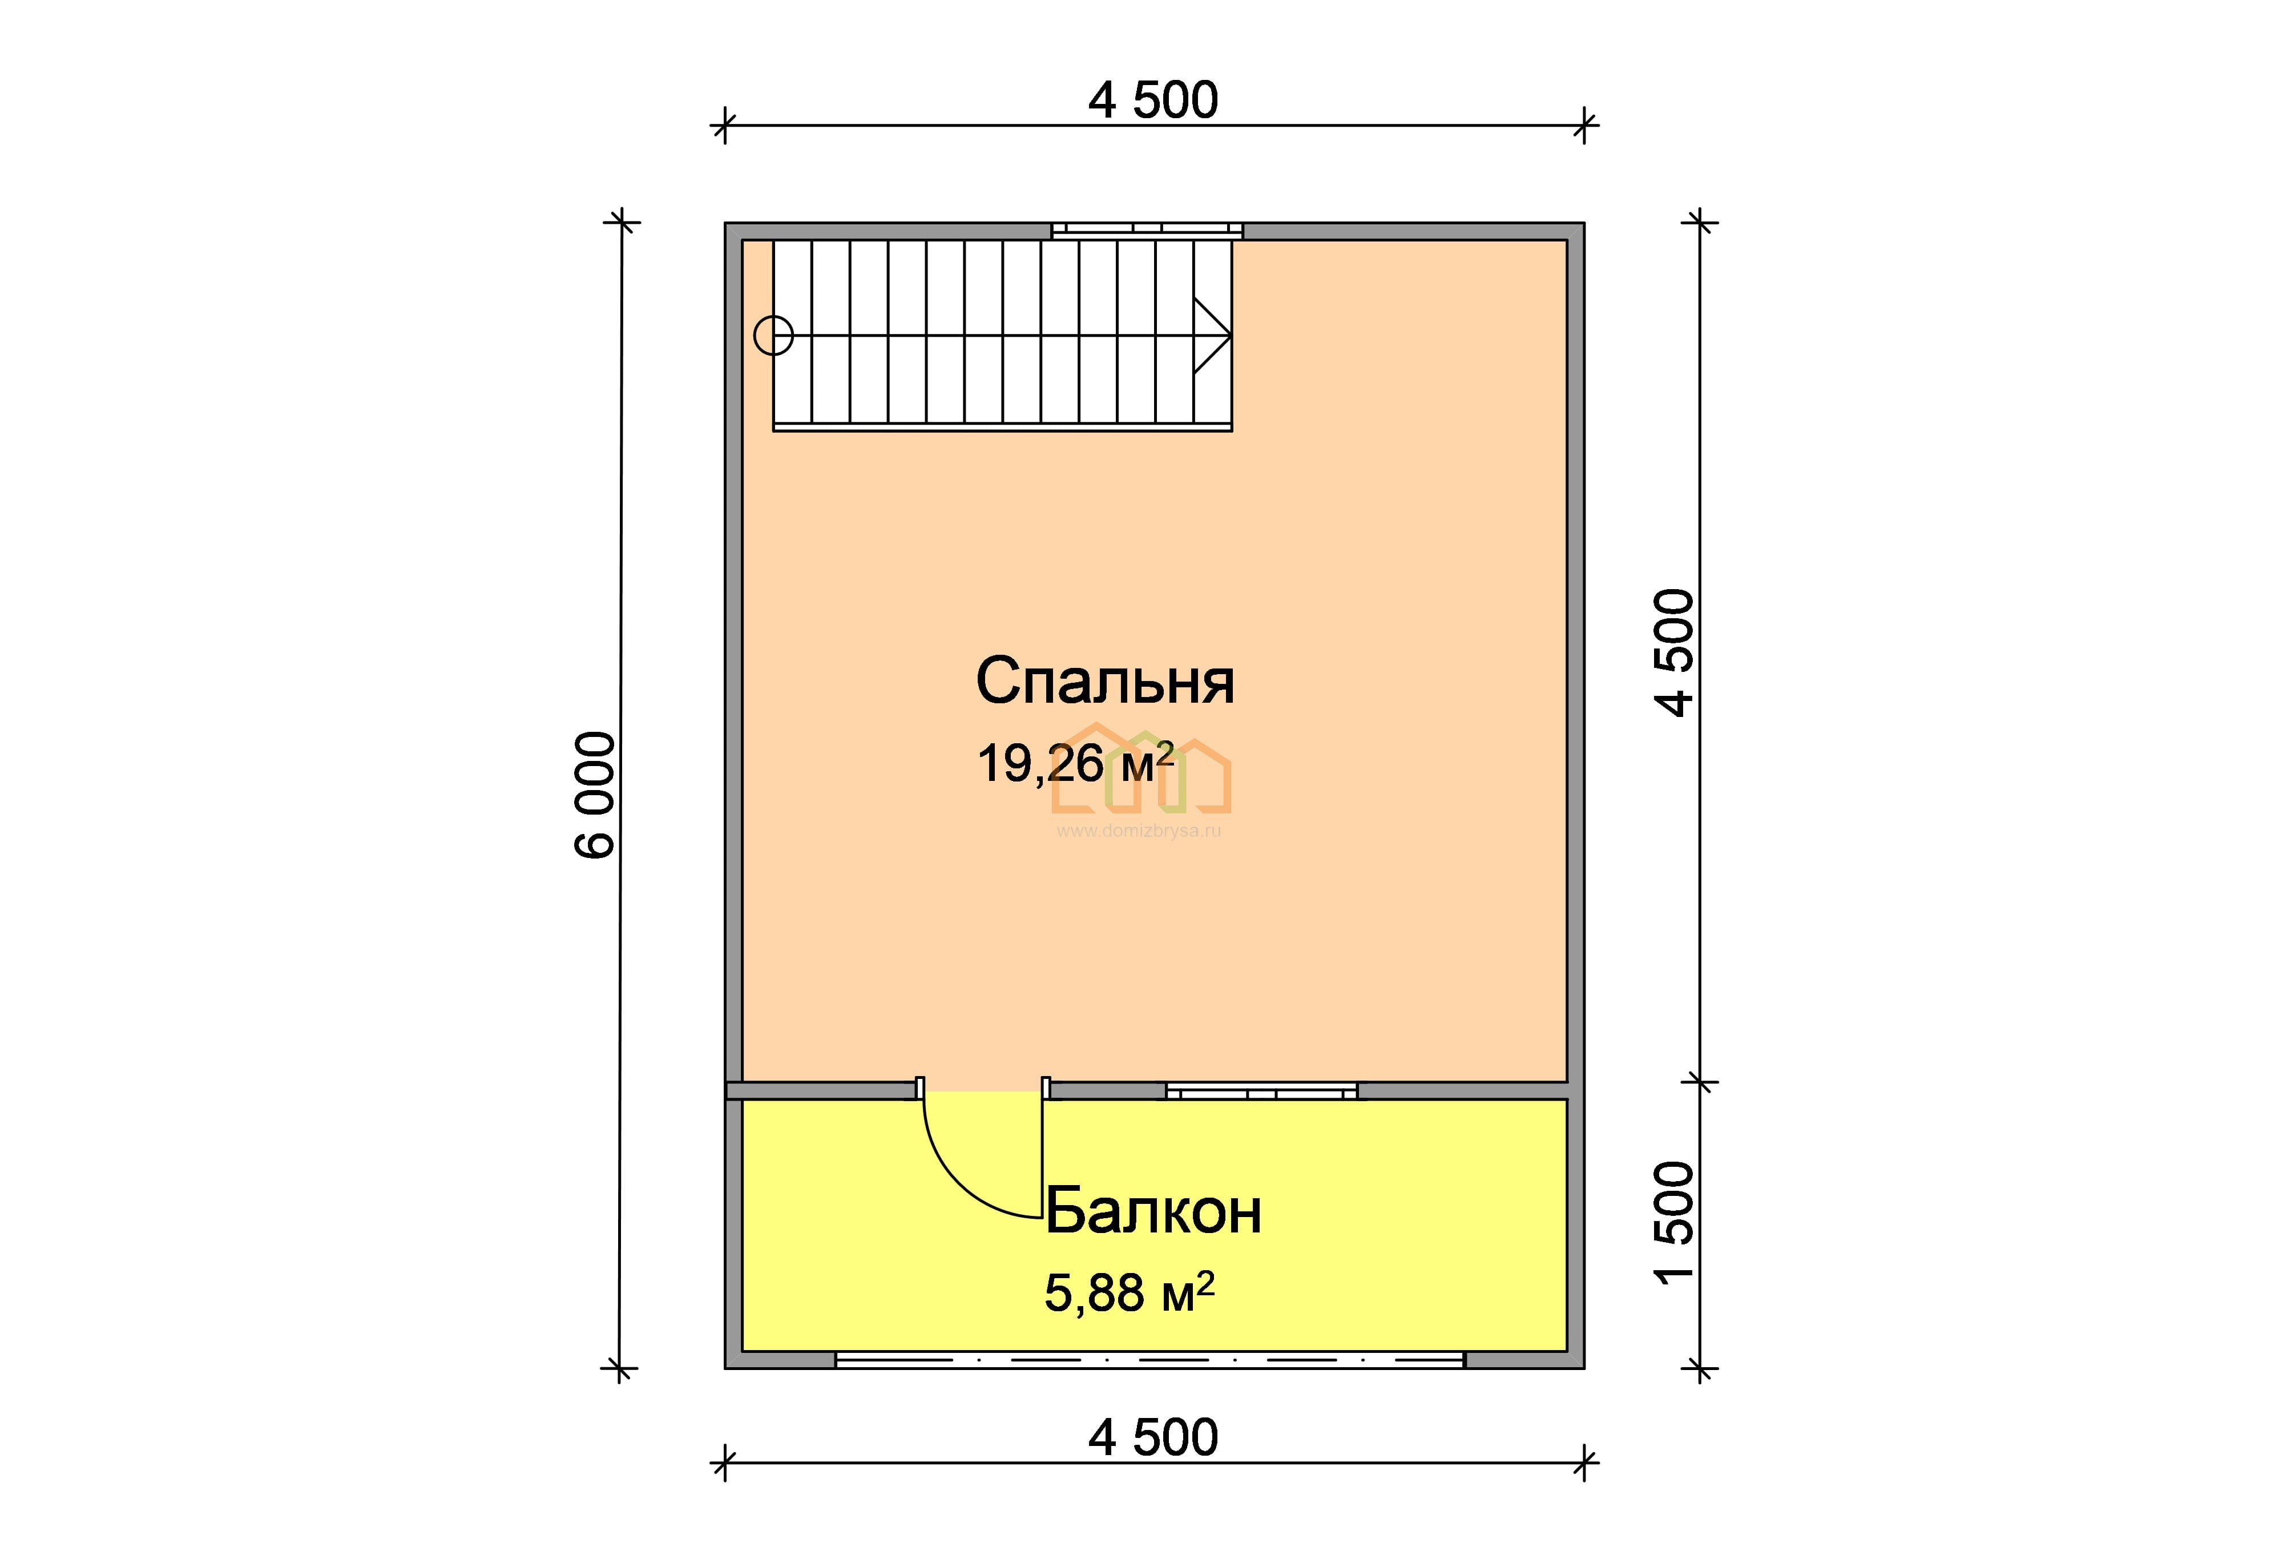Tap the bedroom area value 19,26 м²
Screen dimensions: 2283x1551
click(x=1076, y=763)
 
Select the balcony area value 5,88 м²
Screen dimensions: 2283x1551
click(x=1130, y=1292)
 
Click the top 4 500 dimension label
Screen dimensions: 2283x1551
click(x=1153, y=100)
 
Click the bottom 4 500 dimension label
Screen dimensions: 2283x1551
click(x=1153, y=1437)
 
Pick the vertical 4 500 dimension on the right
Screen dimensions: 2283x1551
click(x=1675, y=652)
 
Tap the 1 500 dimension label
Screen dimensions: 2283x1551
click(x=1675, y=1223)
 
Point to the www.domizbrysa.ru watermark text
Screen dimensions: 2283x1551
click(x=1140, y=831)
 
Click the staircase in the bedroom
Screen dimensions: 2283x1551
click(x=1003, y=335)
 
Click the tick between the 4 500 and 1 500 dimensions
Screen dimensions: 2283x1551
click(x=1700, y=1082)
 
